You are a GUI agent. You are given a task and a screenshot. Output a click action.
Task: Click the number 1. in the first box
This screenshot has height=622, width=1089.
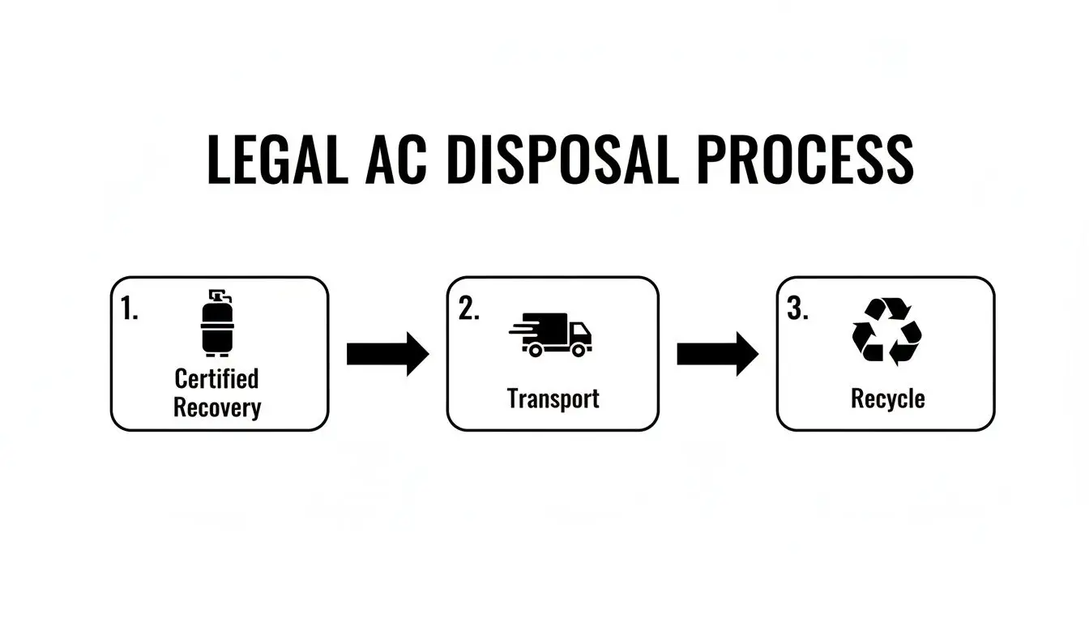click(130, 309)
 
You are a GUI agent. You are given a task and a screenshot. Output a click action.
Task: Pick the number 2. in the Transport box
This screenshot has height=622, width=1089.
click(468, 309)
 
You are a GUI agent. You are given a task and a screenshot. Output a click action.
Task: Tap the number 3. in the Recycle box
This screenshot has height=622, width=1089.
click(798, 309)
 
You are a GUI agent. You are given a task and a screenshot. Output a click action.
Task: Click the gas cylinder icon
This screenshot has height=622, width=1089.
click(217, 323)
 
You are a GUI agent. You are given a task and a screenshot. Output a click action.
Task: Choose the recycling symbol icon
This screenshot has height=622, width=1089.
click(886, 331)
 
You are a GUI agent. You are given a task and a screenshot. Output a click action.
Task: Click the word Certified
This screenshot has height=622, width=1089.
click(216, 378)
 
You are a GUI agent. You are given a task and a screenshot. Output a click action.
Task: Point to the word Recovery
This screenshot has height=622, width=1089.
click(217, 407)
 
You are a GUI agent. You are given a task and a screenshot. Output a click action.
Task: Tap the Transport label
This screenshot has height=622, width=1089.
click(553, 398)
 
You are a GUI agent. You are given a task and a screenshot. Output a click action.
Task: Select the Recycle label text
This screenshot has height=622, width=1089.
click(887, 398)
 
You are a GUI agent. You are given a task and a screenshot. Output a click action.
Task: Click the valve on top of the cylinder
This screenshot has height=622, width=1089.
click(216, 294)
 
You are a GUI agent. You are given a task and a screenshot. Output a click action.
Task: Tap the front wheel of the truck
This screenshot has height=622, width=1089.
click(579, 350)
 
